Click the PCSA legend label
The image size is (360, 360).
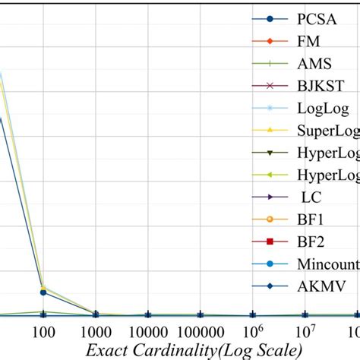click(x=317, y=17)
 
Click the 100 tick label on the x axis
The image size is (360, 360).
click(x=43, y=333)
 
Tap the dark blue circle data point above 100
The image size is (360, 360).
click(x=43, y=292)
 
